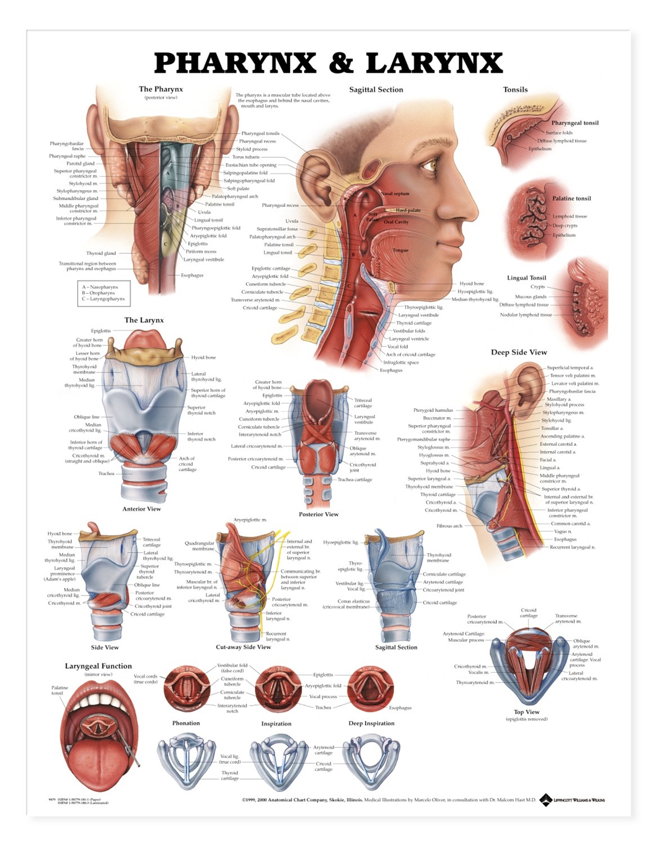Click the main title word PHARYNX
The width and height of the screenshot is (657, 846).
click(x=235, y=63)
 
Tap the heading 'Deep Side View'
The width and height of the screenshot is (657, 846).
click(x=518, y=352)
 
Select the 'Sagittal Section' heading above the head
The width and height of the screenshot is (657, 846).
click(x=376, y=90)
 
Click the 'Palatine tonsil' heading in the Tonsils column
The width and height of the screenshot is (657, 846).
click(x=571, y=199)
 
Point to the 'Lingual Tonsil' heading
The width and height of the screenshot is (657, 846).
click(x=526, y=278)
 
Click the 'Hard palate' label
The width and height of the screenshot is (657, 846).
click(x=408, y=210)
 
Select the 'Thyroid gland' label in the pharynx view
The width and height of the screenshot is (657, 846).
click(x=101, y=253)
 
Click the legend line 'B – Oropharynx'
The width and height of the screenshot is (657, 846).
click(x=99, y=293)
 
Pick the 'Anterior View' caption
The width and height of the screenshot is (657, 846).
click(x=141, y=509)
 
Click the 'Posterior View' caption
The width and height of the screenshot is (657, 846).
click(x=318, y=514)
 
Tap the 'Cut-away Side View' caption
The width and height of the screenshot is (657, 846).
click(x=243, y=647)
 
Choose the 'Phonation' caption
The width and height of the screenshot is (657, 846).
click(x=186, y=723)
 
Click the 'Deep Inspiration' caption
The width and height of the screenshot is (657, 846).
click(x=371, y=724)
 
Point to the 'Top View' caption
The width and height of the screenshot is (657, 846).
click(x=526, y=712)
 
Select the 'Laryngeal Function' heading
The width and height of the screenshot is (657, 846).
click(x=98, y=666)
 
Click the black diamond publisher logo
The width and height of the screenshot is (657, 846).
click(x=545, y=800)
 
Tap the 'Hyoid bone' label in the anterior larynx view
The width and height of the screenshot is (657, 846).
click(x=203, y=358)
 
